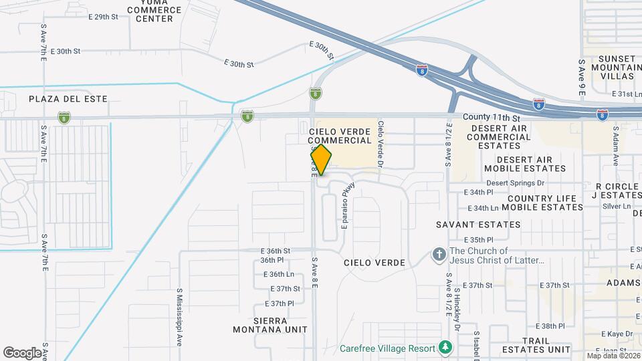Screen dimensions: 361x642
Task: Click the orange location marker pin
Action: point(321,159)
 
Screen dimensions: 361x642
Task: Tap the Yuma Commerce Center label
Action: point(154,11)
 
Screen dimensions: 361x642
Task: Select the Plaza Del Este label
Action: point(59,98)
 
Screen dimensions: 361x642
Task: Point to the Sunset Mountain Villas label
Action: point(611,68)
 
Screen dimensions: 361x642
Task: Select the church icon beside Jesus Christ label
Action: point(439,255)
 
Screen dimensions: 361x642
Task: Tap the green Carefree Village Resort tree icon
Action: point(445,348)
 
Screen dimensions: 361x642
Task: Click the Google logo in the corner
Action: point(22,352)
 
